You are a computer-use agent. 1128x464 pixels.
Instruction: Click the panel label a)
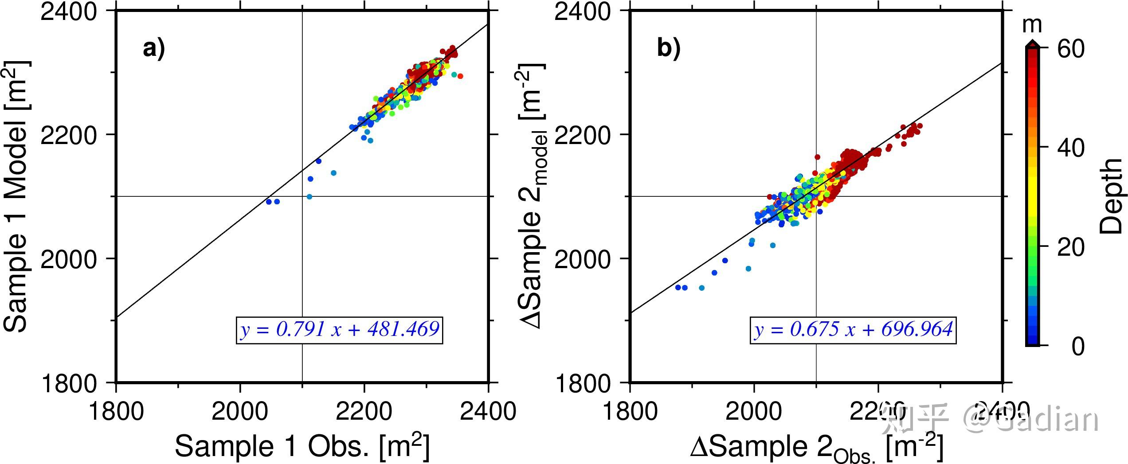[153, 48]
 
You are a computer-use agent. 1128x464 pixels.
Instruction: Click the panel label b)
[668, 48]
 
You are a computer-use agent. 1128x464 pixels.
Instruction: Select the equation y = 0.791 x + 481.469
[340, 330]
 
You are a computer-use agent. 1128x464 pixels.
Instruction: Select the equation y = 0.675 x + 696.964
[854, 330]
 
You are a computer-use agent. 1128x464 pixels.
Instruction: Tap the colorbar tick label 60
[1070, 49]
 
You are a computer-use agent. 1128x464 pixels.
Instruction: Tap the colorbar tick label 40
[1070, 148]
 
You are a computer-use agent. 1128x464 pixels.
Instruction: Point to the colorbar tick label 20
[1070, 247]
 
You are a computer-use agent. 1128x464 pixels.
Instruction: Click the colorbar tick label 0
[1077, 346]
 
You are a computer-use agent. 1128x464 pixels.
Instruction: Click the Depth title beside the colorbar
[1111, 196]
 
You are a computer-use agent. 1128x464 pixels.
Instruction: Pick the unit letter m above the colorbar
[1032, 25]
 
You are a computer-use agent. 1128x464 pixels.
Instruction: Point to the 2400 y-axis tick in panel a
[68, 11]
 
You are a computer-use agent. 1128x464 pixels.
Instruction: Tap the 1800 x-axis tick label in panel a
[116, 411]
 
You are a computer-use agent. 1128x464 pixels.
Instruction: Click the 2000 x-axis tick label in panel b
[754, 411]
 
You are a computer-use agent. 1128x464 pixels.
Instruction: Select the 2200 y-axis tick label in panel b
[583, 134]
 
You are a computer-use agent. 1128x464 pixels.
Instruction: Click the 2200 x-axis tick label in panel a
[364, 411]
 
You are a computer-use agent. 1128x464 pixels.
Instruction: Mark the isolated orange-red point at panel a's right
[460, 76]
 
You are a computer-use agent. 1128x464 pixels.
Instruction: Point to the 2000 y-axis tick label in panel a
[68, 258]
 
